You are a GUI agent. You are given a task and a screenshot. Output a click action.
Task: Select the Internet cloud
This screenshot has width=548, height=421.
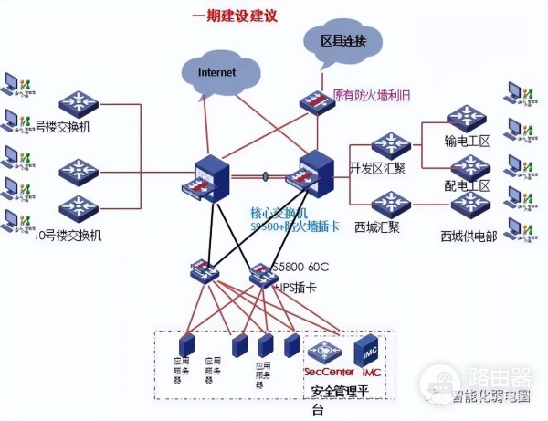(x=218, y=71)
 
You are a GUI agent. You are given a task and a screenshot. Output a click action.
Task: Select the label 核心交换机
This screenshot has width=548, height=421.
(x=278, y=212)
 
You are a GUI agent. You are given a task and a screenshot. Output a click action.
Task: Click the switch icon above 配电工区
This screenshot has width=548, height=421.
(x=470, y=165)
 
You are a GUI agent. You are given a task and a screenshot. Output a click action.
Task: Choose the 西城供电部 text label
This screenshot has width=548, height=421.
(x=469, y=236)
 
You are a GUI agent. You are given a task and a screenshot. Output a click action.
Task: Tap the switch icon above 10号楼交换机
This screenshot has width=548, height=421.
(x=79, y=209)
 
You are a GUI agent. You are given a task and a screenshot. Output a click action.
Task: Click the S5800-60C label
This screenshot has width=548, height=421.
(x=300, y=268)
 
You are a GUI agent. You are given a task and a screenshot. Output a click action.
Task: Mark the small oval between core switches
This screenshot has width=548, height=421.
(x=264, y=175)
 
